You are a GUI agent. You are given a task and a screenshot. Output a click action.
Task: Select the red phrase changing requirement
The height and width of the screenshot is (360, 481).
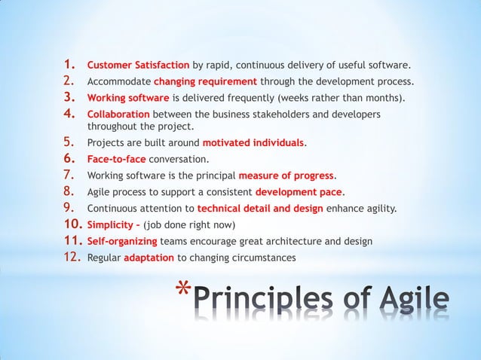click(205, 81)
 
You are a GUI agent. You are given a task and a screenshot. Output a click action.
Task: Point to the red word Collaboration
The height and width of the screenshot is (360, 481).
click(118, 114)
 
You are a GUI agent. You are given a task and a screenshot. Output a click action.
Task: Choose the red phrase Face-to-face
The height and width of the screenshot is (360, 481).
click(117, 159)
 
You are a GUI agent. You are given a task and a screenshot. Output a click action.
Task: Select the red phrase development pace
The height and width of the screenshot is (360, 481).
click(299, 192)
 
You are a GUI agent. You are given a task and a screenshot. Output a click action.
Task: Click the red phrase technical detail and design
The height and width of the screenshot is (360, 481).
click(259, 209)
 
